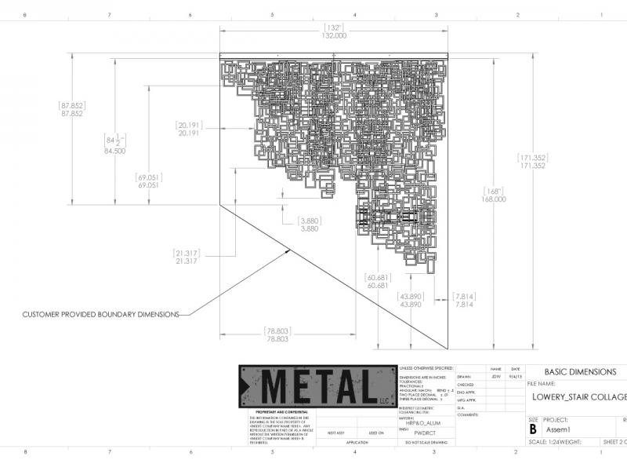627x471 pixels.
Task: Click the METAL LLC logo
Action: click(x=317, y=386)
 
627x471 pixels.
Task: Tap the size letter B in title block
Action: click(x=534, y=429)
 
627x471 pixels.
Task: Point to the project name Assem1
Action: click(x=557, y=430)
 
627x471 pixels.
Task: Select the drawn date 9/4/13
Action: click(x=515, y=377)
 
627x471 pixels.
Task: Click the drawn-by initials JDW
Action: click(x=495, y=377)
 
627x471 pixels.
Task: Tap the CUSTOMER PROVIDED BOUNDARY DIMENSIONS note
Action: click(x=101, y=314)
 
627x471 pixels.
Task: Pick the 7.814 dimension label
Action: click(x=465, y=304)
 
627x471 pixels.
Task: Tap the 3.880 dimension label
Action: click(x=310, y=228)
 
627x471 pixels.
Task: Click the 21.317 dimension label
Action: click(x=186, y=261)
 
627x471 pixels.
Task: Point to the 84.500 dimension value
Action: click(x=114, y=151)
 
